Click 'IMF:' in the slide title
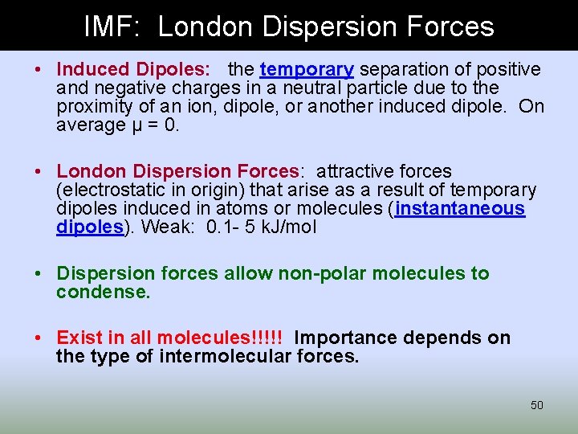(x=113, y=27)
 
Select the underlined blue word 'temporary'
(x=307, y=70)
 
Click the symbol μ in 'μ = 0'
(x=122, y=125)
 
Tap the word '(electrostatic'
(x=110, y=190)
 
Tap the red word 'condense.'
(x=103, y=293)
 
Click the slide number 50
(x=537, y=405)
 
